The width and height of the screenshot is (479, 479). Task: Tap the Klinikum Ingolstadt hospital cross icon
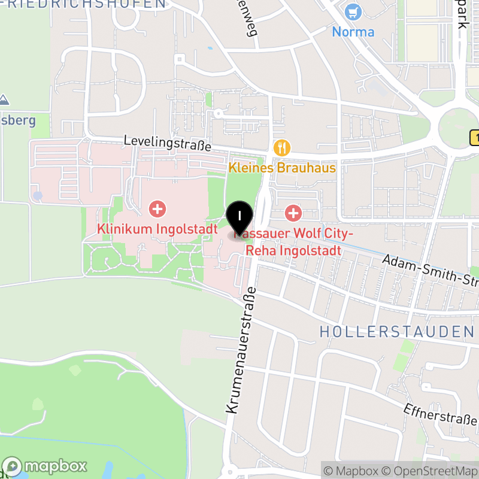(x=157, y=209)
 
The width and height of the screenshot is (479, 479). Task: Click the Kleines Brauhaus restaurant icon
(x=281, y=147)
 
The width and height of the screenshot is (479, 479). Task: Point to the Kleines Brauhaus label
(x=282, y=168)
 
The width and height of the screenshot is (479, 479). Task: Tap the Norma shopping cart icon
(x=353, y=11)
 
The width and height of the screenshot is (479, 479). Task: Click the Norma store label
(x=353, y=32)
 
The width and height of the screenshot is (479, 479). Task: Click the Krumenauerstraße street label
(x=241, y=350)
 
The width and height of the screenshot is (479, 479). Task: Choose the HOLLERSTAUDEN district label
(x=396, y=332)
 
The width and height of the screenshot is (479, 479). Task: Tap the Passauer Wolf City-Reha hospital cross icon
(x=293, y=212)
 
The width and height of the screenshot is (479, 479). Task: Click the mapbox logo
(x=44, y=466)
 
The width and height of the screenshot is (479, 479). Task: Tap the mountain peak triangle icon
(x=4, y=99)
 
